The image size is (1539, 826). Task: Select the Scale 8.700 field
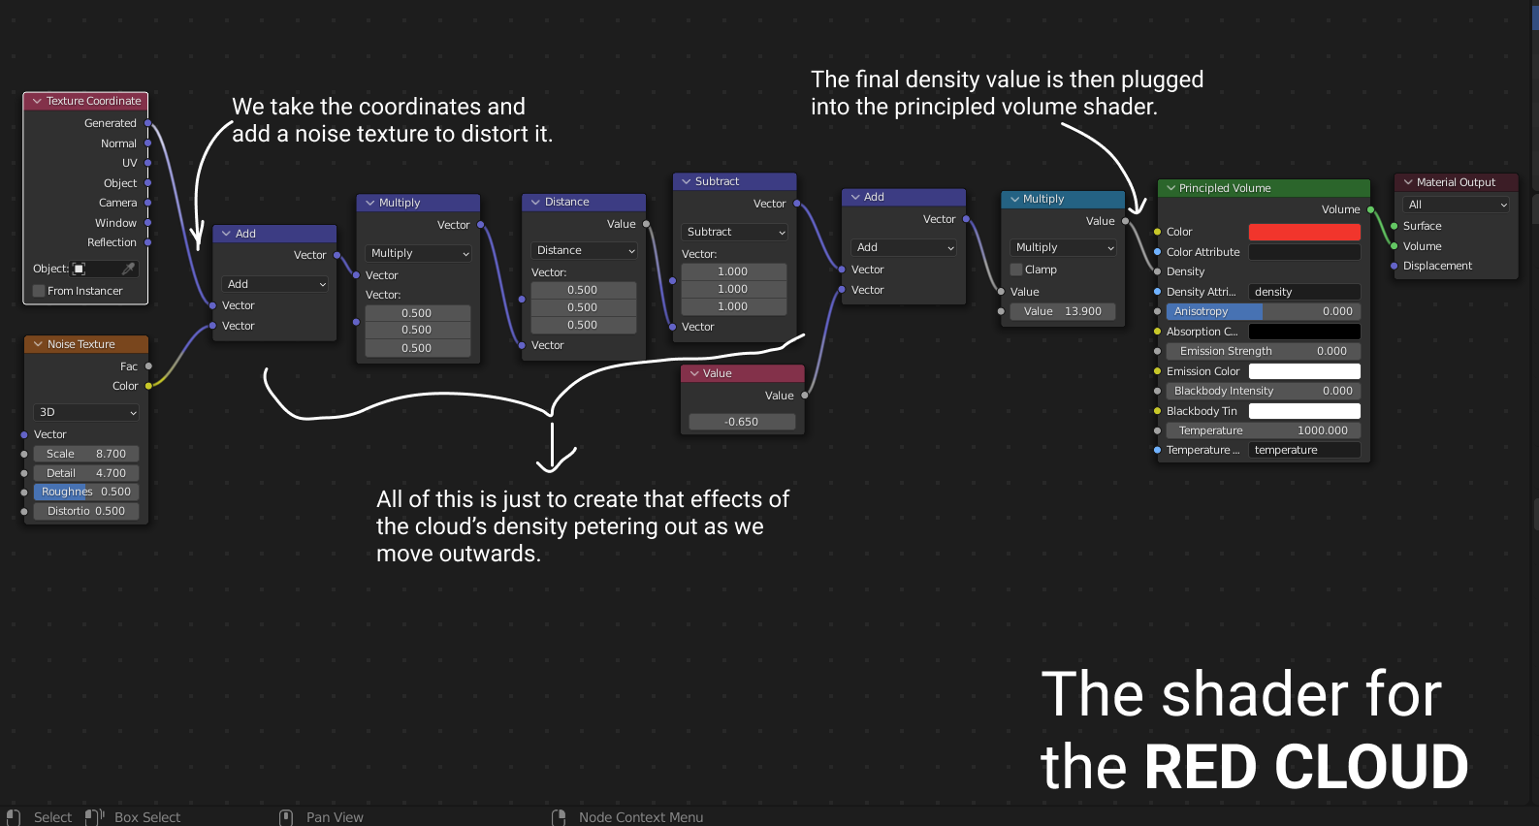(x=86, y=454)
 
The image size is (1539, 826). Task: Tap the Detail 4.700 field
(x=86, y=473)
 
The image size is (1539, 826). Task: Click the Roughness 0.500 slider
(x=86, y=492)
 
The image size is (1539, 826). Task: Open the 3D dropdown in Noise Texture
(x=86, y=412)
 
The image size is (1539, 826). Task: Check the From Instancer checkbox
(x=40, y=291)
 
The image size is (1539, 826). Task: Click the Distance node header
(x=583, y=202)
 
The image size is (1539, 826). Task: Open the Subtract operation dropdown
(x=735, y=232)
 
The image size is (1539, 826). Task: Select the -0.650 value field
(x=742, y=422)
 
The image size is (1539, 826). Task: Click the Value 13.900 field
(x=1062, y=311)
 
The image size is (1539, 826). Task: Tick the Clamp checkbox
(x=1017, y=270)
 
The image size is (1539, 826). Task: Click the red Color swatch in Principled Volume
(x=1304, y=232)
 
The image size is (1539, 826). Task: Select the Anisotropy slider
(x=1263, y=311)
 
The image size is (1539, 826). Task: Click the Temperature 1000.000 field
(x=1263, y=430)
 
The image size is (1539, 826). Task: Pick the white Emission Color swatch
(x=1304, y=371)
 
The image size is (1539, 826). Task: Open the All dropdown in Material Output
(x=1457, y=205)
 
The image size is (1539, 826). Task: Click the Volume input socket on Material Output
(x=1395, y=246)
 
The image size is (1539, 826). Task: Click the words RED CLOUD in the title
(x=1306, y=767)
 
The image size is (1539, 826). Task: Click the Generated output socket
(x=147, y=123)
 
